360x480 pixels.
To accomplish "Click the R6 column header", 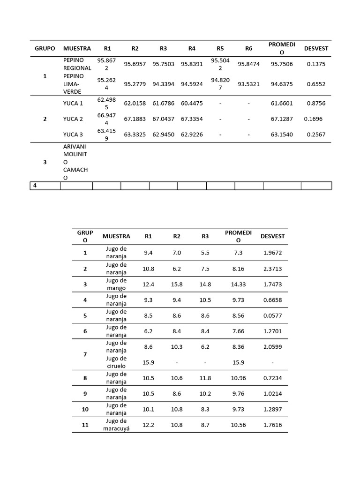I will click(x=248, y=48).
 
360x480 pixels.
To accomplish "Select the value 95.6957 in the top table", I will click(x=135, y=64).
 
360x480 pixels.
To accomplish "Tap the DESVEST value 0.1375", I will click(x=316, y=64).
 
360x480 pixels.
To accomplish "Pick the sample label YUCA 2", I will click(x=73, y=119).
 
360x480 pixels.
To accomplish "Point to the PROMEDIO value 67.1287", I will click(x=282, y=119).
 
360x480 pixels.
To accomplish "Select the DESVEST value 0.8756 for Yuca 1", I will click(x=316, y=103).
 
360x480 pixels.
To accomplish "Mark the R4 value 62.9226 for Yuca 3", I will click(x=192, y=135).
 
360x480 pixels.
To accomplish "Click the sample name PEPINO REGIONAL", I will click(x=77, y=64).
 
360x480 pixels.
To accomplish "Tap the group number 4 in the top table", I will click(x=35, y=186).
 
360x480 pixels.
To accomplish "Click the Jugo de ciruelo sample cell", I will click(x=116, y=362).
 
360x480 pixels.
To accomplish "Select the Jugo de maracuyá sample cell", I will click(x=116, y=425).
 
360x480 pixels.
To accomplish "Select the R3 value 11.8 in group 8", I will click(x=205, y=378).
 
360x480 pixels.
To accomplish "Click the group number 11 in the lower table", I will click(x=85, y=425).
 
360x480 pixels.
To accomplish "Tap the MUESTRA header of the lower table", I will click(x=116, y=236).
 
